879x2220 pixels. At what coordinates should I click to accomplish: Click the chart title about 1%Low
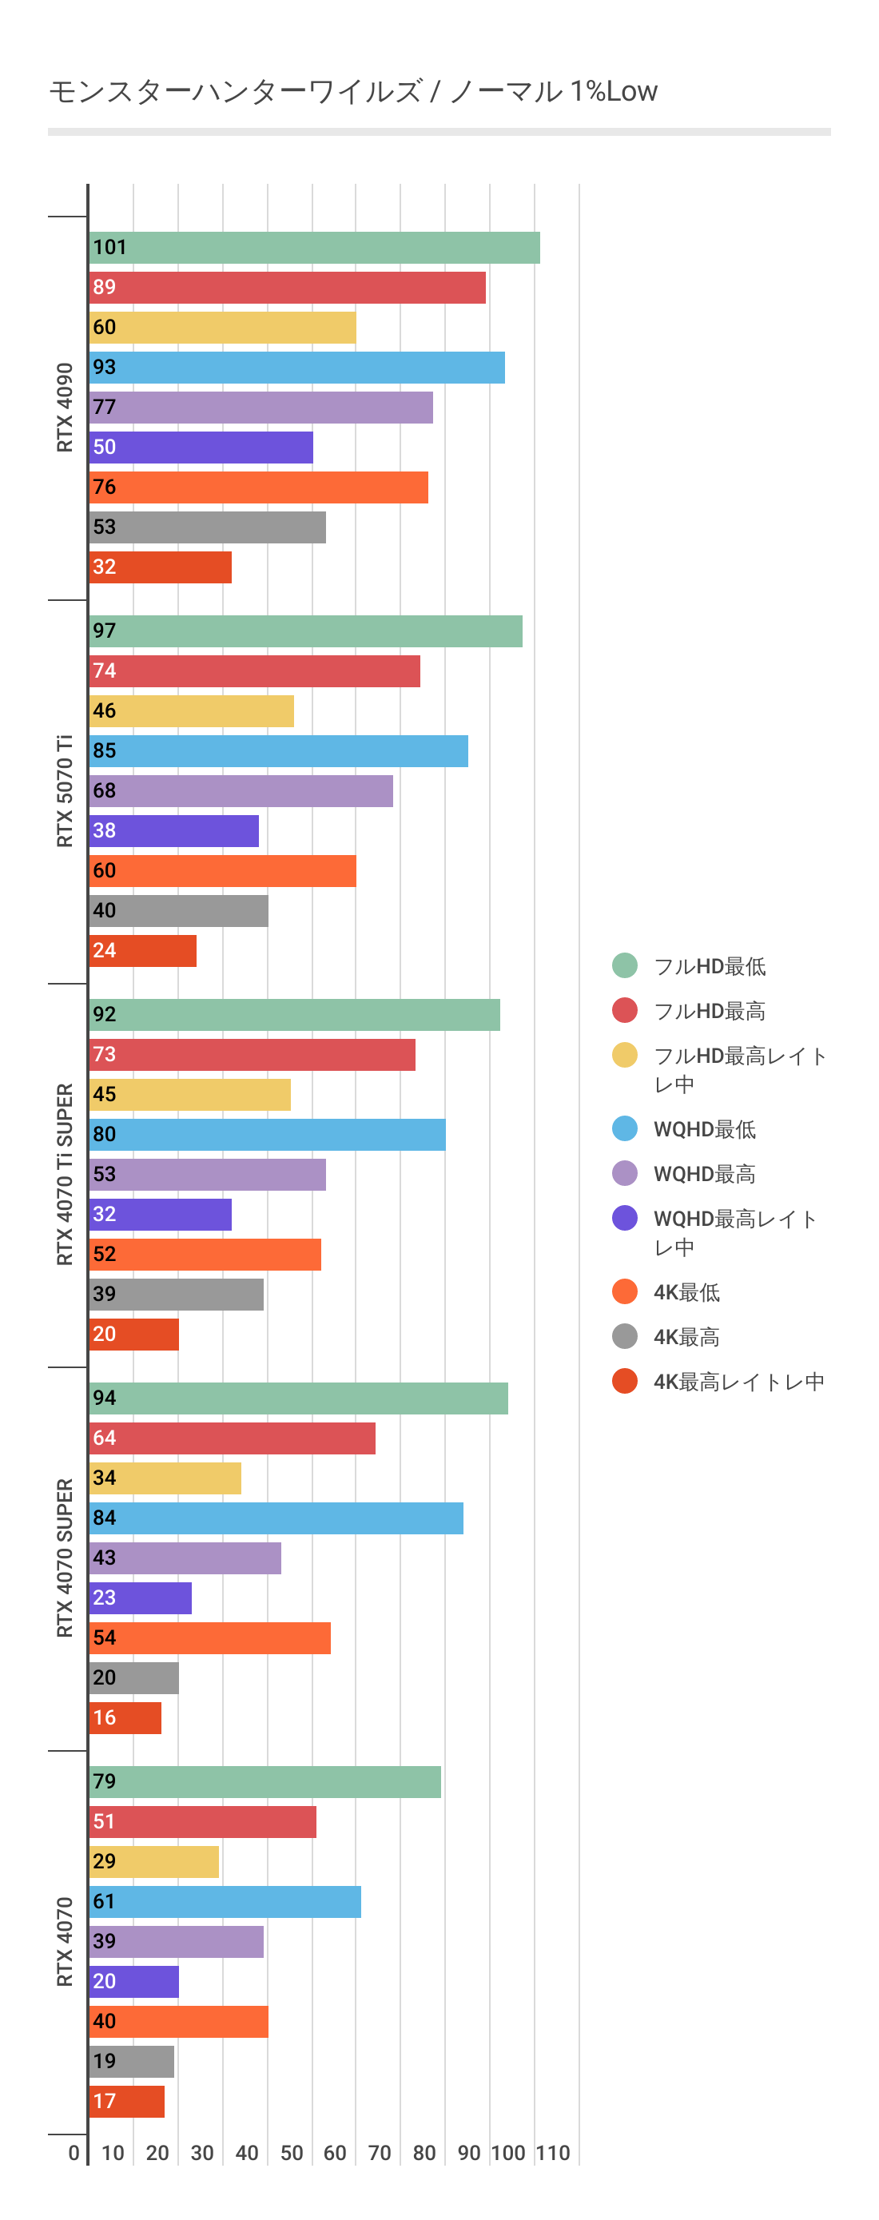(352, 91)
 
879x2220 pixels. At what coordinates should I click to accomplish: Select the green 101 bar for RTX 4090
(314, 249)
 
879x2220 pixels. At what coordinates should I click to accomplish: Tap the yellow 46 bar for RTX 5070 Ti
(191, 711)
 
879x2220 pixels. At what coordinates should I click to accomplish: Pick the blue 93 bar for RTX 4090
(296, 368)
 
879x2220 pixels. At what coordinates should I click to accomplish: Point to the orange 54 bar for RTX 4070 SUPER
(209, 1638)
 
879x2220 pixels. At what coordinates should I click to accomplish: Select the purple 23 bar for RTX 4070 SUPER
(141, 1597)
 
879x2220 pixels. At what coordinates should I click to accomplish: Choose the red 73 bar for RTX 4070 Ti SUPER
(252, 1055)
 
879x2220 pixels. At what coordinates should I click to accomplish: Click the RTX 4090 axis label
(65, 408)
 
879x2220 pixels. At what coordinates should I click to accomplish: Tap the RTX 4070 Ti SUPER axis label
(65, 1175)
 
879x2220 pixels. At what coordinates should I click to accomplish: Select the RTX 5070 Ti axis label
(65, 791)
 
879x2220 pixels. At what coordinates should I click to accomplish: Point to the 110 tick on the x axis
(552, 2154)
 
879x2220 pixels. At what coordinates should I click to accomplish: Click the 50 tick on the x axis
(292, 2154)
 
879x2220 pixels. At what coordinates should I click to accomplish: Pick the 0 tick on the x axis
(74, 2154)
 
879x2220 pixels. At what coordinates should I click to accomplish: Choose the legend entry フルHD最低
(710, 966)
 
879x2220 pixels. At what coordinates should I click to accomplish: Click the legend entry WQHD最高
(704, 1174)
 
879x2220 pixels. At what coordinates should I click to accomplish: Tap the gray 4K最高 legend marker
(625, 1337)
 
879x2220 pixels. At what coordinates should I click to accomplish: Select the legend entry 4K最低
(686, 1292)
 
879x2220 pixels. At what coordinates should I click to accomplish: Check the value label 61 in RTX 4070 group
(104, 1901)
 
